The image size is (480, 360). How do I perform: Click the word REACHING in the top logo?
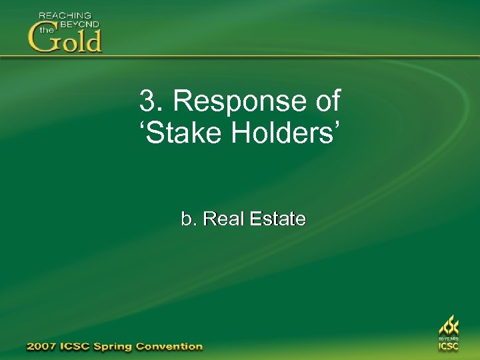(65, 15)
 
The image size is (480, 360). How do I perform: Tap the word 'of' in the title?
(325, 102)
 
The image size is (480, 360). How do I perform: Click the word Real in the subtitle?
(224, 219)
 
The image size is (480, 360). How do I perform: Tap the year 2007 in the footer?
(41, 347)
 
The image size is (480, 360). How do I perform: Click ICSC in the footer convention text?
(76, 347)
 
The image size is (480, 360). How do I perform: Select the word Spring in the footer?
(115, 347)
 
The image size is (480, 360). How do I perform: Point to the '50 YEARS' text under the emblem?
(448, 339)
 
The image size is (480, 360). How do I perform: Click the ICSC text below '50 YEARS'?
(448, 347)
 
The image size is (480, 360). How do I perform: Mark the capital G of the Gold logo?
(41, 39)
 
